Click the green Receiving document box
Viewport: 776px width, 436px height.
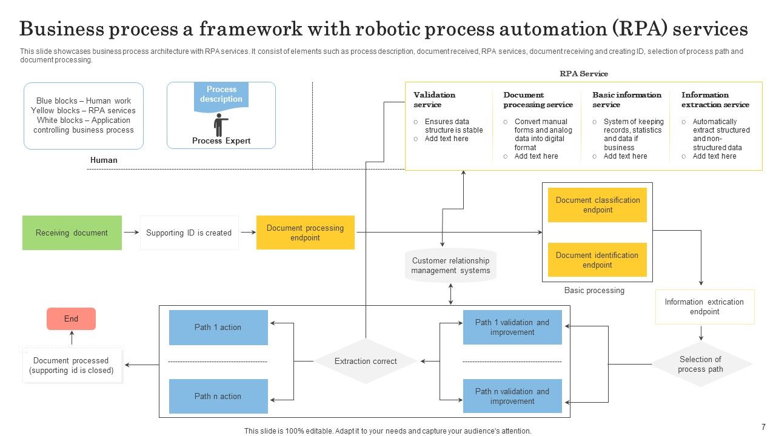point(72,233)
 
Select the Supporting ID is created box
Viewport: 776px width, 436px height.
point(189,233)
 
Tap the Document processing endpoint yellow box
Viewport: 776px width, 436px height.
point(305,233)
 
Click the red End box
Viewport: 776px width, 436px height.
point(71,319)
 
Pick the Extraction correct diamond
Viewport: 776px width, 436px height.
point(366,362)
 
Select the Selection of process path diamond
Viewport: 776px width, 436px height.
point(700,364)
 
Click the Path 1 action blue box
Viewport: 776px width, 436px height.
point(218,328)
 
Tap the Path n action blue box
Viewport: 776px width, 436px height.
point(218,397)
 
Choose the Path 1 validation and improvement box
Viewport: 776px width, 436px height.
point(512,328)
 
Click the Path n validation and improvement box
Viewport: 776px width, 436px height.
point(512,397)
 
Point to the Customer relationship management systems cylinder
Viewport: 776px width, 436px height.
point(450,266)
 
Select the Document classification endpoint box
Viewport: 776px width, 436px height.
point(597,205)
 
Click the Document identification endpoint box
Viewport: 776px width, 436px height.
point(597,260)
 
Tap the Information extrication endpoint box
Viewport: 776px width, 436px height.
point(704,307)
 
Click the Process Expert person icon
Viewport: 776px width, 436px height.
point(221,125)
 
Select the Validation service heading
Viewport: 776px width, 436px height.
point(434,100)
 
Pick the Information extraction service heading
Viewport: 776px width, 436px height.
point(715,100)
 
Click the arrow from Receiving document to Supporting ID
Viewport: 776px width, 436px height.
point(131,233)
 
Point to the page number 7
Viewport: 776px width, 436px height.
point(763,427)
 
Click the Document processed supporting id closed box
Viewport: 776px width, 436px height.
point(72,365)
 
